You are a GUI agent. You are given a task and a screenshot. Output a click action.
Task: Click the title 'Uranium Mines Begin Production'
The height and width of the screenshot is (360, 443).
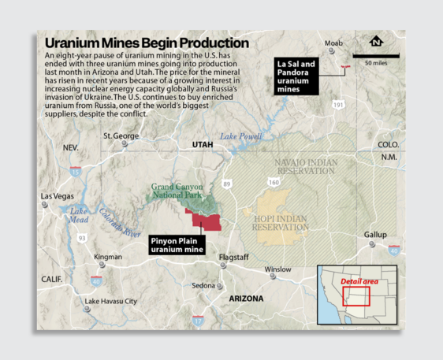pos(147,43)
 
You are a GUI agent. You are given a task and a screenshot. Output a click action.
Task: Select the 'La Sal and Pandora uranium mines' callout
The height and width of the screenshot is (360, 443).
pos(296,76)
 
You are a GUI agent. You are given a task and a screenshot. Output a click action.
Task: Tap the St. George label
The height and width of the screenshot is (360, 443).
pos(121,135)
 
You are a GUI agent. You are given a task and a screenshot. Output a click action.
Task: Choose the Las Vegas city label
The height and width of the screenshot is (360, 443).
pos(57,196)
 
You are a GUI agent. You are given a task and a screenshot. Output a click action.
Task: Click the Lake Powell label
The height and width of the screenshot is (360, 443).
pos(240,136)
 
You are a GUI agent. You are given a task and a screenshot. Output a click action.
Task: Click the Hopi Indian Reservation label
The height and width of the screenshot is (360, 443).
pos(280,222)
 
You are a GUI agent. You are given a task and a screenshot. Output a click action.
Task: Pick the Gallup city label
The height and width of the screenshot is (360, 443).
pos(375,235)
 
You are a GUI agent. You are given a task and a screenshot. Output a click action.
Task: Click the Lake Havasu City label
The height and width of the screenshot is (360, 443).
pos(110,301)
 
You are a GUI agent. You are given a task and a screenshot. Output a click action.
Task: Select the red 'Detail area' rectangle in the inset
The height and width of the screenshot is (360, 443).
pos(357,295)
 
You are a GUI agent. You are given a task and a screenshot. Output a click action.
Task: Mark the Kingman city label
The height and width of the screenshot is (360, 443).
pos(108,257)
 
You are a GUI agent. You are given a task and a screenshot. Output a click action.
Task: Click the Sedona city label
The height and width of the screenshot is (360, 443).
pos(203,285)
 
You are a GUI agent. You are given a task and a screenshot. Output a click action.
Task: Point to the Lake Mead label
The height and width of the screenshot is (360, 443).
pos(79,215)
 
